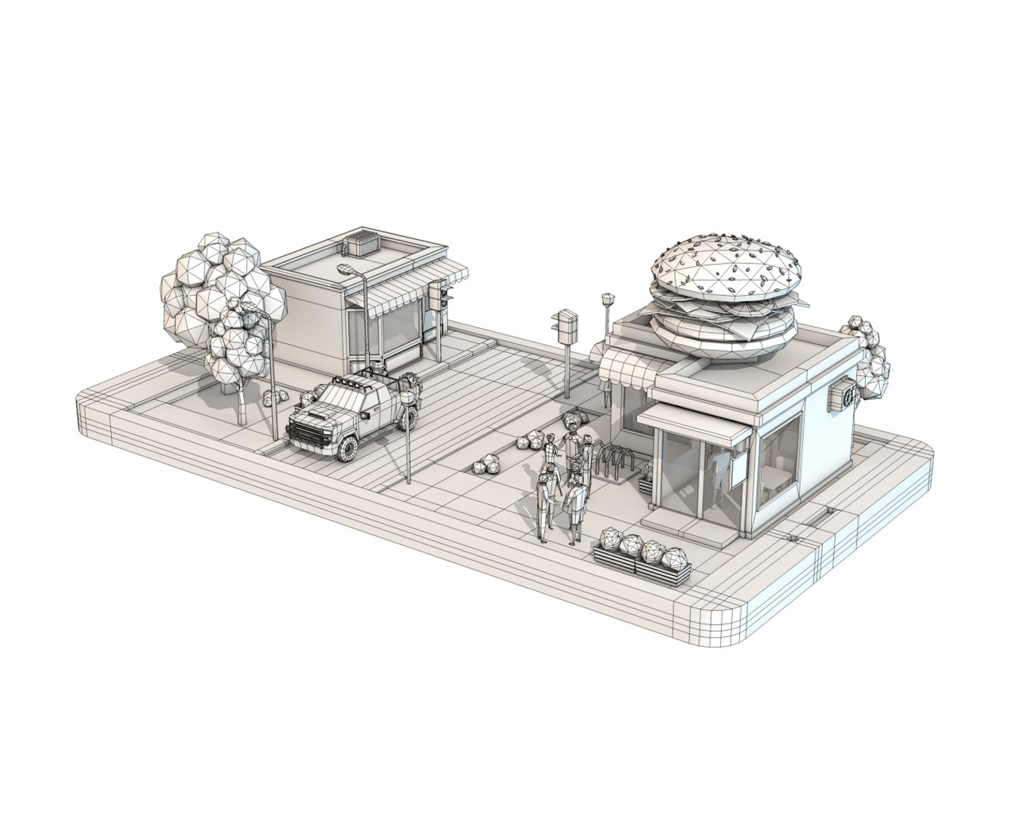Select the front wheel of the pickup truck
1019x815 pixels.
[347, 447]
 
